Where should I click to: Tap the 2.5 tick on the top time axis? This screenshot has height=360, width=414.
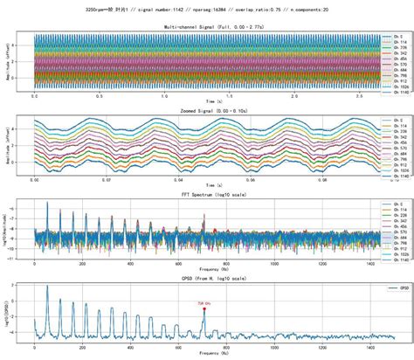click(347, 96)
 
